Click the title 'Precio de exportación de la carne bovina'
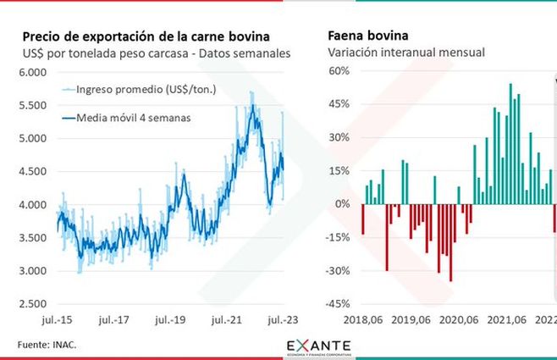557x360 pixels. (146, 36)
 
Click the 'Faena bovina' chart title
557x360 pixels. (367, 36)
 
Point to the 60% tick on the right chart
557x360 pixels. (339, 71)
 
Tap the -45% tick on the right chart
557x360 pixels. (337, 303)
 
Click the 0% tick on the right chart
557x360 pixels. (341, 204)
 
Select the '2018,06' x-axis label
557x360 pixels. (363, 321)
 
